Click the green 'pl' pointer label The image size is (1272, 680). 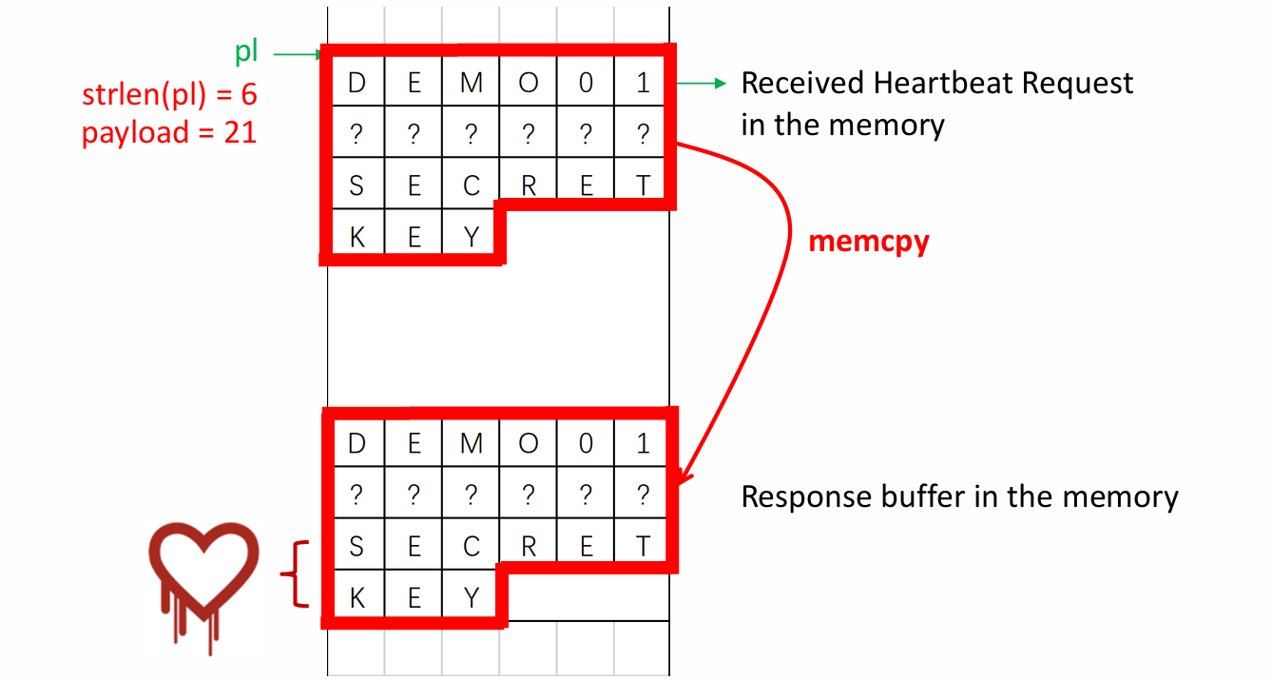[x=247, y=52]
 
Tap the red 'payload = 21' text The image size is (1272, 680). [x=169, y=131]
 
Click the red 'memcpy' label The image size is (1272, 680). [x=868, y=242]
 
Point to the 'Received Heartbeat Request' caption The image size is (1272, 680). [x=936, y=84]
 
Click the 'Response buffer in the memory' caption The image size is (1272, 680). [x=958, y=496]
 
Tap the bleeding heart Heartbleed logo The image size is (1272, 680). [x=203, y=580]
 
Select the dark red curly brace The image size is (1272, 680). [x=297, y=573]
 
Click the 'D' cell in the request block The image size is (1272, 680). [x=357, y=84]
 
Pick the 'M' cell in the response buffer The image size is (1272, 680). [x=472, y=443]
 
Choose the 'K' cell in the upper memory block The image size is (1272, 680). [x=357, y=237]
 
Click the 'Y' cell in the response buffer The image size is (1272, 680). [x=472, y=597]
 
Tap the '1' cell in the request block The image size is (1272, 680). [x=644, y=84]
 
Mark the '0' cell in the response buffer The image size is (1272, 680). [x=586, y=443]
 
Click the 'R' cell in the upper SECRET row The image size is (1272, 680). [x=529, y=186]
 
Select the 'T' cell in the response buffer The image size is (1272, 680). [x=644, y=546]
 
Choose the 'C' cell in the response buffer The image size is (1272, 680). [x=472, y=546]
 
